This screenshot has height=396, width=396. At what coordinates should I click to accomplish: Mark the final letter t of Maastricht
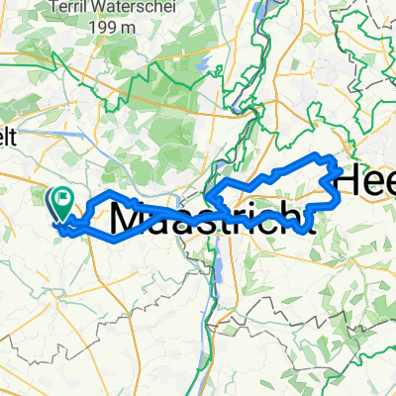click(x=293, y=218)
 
